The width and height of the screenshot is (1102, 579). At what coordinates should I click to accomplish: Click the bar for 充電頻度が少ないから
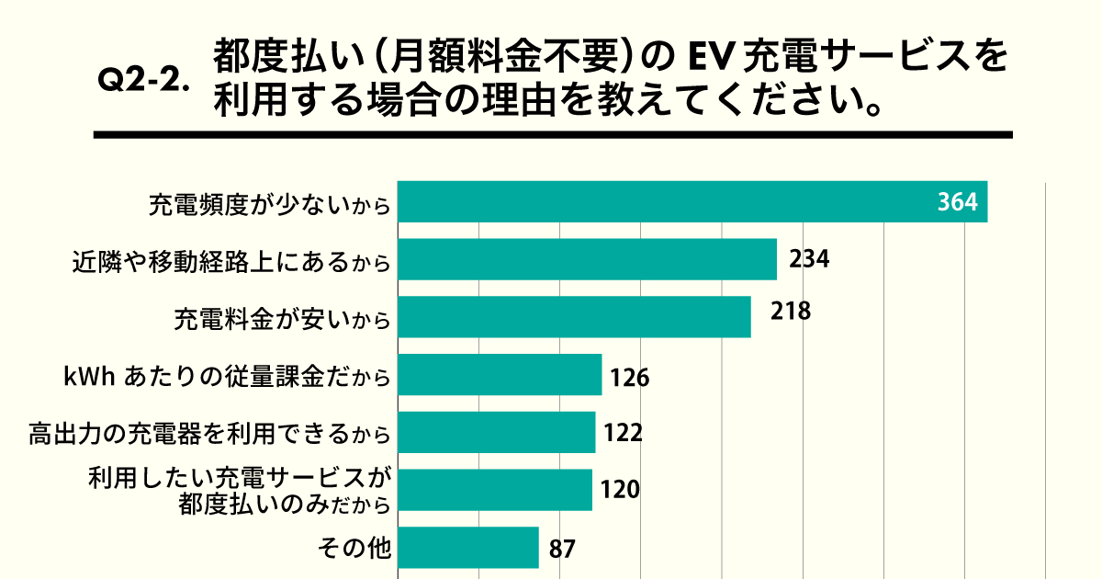pyautogui.click(x=692, y=202)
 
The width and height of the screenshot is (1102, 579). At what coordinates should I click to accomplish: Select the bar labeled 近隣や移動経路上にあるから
pyautogui.click(x=587, y=260)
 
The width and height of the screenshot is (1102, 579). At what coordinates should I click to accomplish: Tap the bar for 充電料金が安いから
pyautogui.click(x=574, y=317)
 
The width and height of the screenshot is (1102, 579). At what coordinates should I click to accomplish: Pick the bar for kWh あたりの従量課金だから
pyautogui.click(x=500, y=375)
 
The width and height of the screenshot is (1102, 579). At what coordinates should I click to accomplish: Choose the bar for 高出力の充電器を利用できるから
pyautogui.click(x=496, y=433)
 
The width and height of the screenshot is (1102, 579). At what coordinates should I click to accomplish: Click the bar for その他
pyautogui.click(x=467, y=548)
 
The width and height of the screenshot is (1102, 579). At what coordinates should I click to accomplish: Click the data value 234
pyautogui.click(x=809, y=259)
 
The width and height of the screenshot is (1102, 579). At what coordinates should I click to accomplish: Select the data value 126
pyautogui.click(x=629, y=378)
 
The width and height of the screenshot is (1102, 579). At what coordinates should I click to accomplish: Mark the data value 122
pyautogui.click(x=622, y=433)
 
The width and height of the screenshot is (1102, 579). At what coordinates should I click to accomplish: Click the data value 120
pyautogui.click(x=619, y=490)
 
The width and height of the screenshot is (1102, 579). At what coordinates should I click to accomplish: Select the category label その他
pyautogui.click(x=354, y=549)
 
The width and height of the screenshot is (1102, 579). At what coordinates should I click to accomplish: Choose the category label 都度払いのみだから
pyautogui.click(x=285, y=505)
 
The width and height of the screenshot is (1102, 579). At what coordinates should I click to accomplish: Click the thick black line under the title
pyautogui.click(x=552, y=135)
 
